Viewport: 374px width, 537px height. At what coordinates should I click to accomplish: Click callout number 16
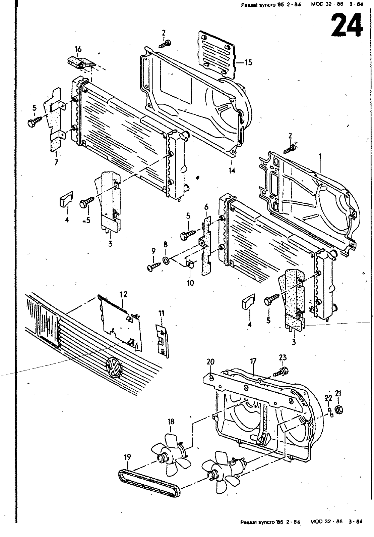tap(78, 49)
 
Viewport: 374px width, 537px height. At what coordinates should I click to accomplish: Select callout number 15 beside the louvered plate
tap(249, 62)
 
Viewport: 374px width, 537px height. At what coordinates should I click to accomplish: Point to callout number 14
tap(232, 170)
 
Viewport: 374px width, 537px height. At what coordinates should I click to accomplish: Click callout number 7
tap(56, 162)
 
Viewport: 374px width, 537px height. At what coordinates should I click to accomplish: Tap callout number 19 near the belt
tap(128, 457)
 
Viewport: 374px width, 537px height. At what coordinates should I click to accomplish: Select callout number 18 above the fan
tap(171, 422)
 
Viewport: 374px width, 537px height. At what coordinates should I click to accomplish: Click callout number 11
tap(162, 313)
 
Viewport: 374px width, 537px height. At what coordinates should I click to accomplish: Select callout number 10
tap(190, 283)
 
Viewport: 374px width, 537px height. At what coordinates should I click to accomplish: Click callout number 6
tap(206, 207)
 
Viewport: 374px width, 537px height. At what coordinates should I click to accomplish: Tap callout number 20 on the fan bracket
tap(210, 361)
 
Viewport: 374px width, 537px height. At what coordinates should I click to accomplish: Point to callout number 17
tap(253, 361)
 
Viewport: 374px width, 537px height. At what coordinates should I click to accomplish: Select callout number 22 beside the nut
tap(328, 398)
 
